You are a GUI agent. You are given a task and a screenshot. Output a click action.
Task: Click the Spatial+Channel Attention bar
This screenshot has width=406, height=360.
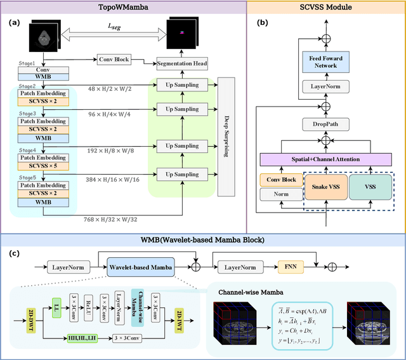coord(325,160)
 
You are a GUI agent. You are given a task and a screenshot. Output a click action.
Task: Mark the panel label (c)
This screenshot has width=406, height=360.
coord(15,254)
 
